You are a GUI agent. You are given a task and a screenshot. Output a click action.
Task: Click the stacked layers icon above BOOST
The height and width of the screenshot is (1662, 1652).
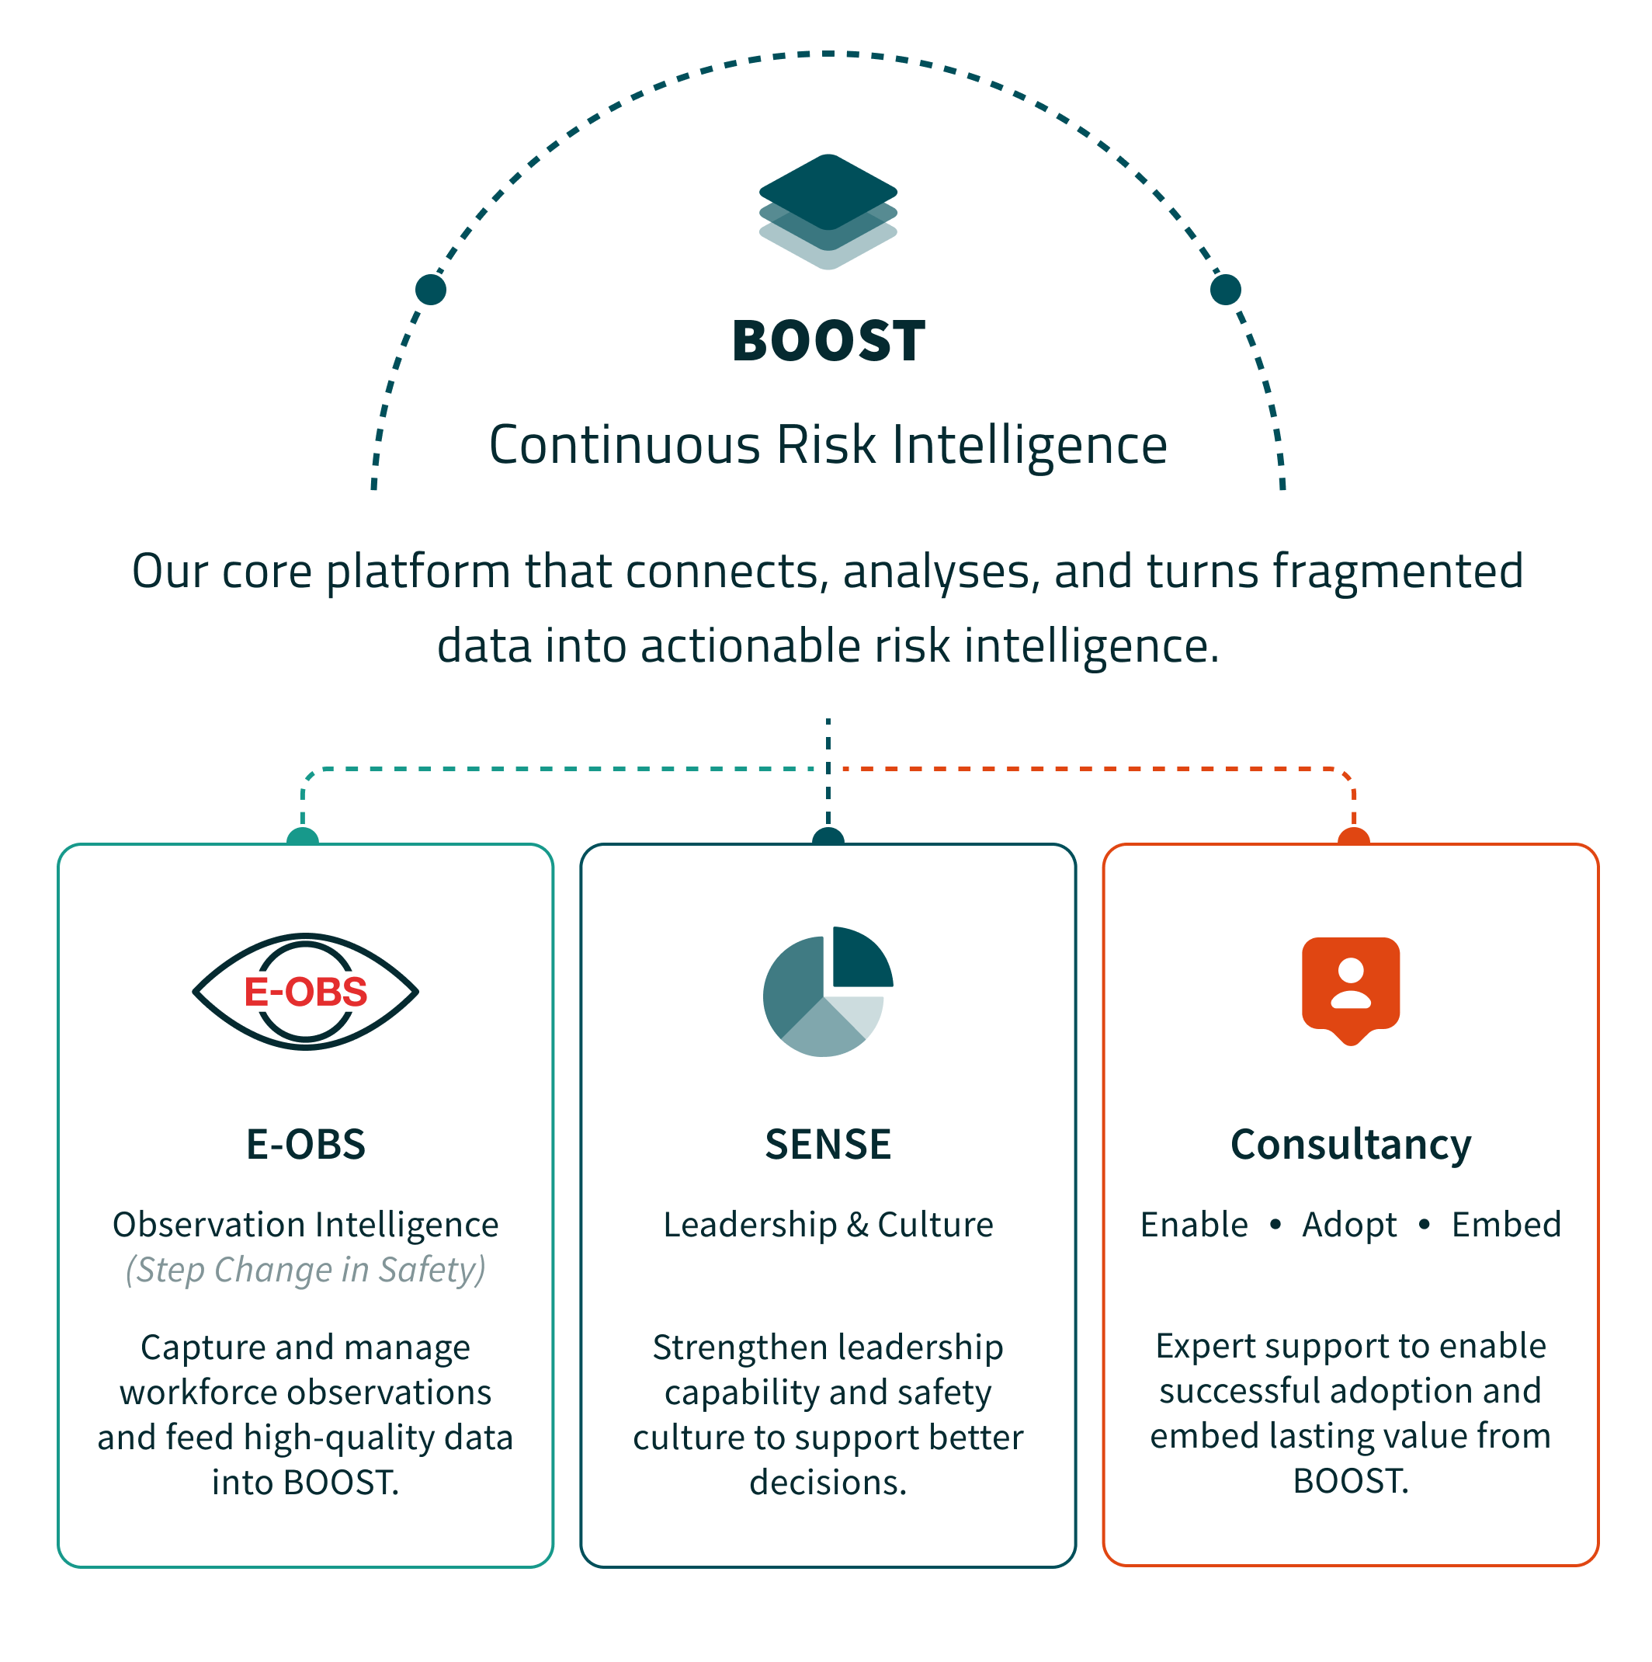[828, 211]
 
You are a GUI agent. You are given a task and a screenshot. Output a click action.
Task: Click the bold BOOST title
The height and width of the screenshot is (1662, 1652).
[828, 341]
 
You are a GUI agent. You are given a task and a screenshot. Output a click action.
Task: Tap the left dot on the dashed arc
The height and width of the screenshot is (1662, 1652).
[430, 289]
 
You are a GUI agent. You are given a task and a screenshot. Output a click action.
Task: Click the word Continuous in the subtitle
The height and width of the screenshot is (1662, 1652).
[625, 446]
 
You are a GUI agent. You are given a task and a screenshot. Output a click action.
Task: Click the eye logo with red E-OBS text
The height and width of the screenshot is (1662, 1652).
[305, 992]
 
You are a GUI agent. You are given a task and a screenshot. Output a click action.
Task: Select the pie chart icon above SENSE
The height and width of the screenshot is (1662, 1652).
[828, 992]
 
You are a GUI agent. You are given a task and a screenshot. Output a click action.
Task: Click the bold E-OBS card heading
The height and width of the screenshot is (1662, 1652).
[305, 1145]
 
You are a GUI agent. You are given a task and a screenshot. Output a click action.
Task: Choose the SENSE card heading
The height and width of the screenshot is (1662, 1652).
[828, 1145]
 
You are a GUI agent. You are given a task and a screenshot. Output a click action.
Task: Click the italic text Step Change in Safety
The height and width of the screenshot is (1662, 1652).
[305, 1271]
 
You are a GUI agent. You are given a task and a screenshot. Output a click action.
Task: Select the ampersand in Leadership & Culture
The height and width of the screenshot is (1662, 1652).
[856, 1225]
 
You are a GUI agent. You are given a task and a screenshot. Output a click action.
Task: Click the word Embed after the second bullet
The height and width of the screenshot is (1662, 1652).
[1506, 1224]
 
